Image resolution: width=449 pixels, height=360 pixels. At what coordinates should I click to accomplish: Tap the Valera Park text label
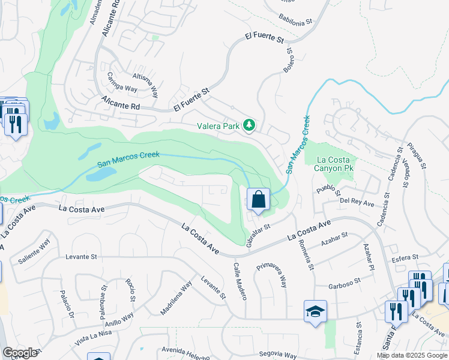219,126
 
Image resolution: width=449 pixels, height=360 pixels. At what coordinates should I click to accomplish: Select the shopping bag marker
258,200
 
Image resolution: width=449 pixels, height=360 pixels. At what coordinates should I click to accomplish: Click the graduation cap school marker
315,312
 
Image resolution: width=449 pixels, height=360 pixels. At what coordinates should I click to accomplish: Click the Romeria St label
306,253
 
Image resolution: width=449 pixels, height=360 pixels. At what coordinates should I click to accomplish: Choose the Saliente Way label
34,251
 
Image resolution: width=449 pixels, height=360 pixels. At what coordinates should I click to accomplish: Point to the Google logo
20,353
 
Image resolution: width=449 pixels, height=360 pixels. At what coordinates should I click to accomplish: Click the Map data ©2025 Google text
412,355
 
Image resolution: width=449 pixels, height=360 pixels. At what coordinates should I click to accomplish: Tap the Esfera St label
403,258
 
